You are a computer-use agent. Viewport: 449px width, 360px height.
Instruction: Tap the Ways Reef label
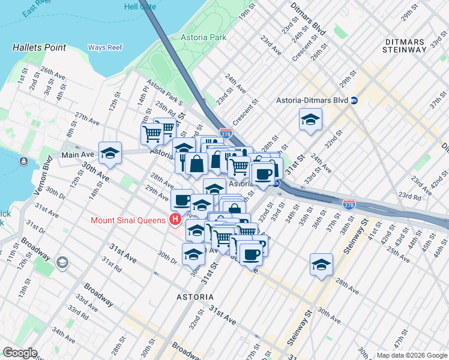pyautogui.click(x=105, y=47)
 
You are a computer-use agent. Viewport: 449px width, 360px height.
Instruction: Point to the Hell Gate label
pyautogui.click(x=140, y=7)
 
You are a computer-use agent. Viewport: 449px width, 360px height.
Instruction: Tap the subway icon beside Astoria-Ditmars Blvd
pyautogui.click(x=355, y=100)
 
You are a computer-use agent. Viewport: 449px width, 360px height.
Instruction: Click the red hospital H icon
pyautogui.click(x=175, y=220)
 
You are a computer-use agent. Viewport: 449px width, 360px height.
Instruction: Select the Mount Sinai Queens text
pyautogui.click(x=128, y=220)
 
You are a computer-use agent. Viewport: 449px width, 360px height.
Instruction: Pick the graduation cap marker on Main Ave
pyautogui.click(x=110, y=154)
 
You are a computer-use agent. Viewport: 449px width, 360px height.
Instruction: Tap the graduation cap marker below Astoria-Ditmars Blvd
pyautogui.click(x=310, y=119)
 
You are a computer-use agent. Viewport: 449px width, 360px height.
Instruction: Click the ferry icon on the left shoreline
pyautogui.click(x=23, y=161)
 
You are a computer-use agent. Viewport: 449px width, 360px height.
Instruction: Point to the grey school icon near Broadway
pyautogui.click(x=62, y=263)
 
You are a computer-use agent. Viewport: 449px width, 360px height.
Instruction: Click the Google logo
pyautogui.click(x=20, y=353)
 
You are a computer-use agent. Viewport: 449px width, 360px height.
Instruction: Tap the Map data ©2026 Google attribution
pyautogui.click(x=411, y=355)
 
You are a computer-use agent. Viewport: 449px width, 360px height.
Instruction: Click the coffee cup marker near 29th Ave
pyautogui.click(x=182, y=200)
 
